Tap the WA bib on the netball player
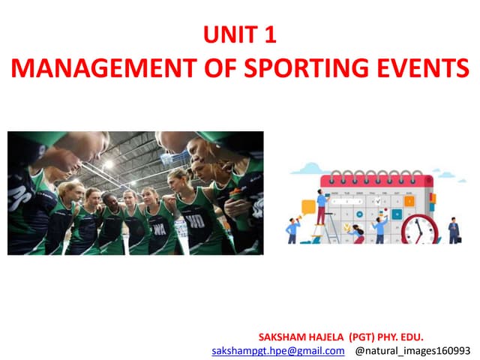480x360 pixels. pos(159,226)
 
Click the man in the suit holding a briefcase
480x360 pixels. pos(454,229)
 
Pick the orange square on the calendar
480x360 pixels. pos(409,200)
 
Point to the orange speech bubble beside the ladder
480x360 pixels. pos(307,205)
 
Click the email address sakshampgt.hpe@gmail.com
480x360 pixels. pos(277,350)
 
